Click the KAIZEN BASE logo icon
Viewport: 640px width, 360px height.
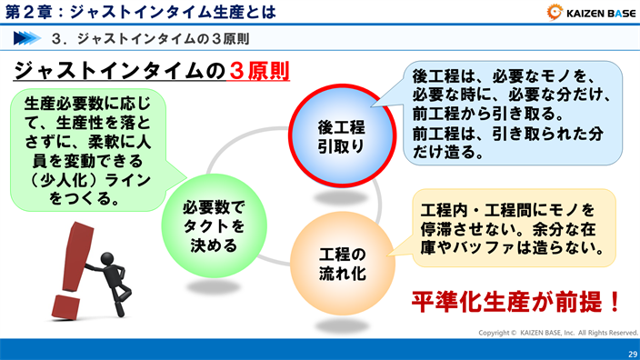[x=553, y=13]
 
